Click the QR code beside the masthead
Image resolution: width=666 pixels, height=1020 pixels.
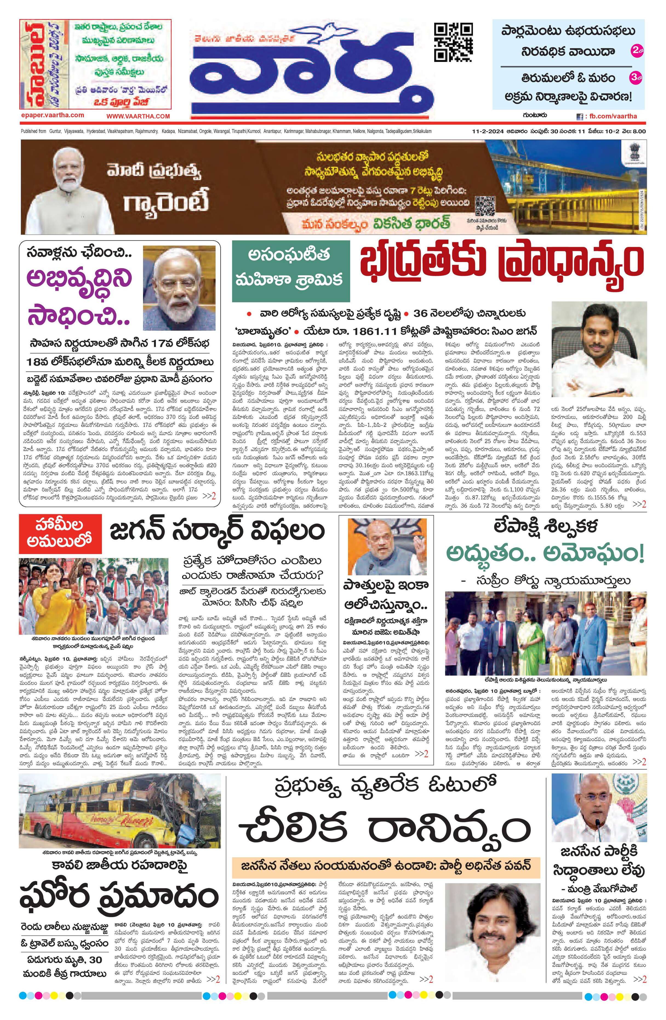453,42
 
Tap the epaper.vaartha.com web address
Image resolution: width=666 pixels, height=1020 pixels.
53,115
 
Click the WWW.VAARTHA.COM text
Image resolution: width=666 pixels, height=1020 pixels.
138,116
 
